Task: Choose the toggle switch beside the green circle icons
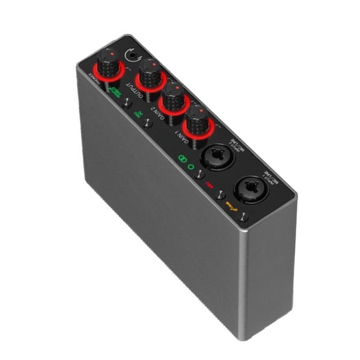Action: click(x=199, y=175)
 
